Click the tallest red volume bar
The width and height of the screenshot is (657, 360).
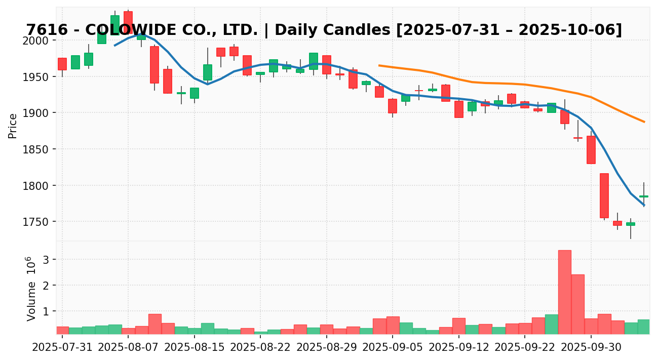tap(564, 292)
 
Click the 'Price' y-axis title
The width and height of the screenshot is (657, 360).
tap(13, 126)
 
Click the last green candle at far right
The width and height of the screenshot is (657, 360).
tap(644, 196)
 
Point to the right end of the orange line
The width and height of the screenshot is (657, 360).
tap(644, 122)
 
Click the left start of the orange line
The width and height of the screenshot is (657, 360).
tap(379, 65)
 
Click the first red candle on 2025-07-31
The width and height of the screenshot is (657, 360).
tap(62, 64)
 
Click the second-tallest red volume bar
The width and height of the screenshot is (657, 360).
tap(578, 304)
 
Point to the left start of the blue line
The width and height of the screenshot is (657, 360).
tap(115, 45)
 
